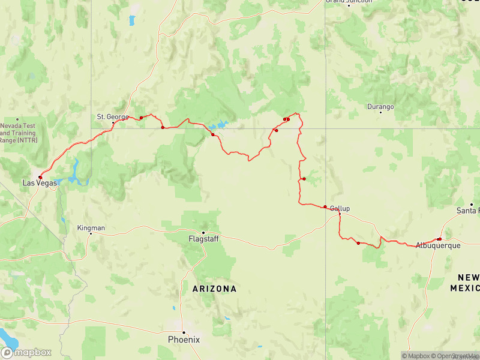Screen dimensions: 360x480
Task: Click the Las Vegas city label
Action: pos(40,182)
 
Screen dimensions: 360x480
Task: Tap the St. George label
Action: pos(109,116)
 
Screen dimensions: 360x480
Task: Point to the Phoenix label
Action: pos(184,340)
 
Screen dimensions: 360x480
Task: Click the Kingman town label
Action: pos(91,228)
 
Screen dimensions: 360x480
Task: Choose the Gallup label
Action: pos(340,209)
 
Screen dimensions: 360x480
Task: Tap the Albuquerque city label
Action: pos(438,245)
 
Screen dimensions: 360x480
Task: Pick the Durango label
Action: pos(380,107)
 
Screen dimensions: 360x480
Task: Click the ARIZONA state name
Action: pos(214,289)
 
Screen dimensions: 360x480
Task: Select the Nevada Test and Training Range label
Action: pos(18,133)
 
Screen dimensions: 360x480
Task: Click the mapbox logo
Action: pos(26,352)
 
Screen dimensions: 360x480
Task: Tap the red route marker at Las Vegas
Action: pos(40,177)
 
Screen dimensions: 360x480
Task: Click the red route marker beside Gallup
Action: pos(325,207)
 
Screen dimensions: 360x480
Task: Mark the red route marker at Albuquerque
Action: pos(439,239)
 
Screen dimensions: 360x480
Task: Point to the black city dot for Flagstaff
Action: pos(203,232)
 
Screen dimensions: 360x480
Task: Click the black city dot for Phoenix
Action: pos(184,332)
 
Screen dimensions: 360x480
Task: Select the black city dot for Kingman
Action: pos(91,234)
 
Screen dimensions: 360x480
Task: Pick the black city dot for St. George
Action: pos(113,123)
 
